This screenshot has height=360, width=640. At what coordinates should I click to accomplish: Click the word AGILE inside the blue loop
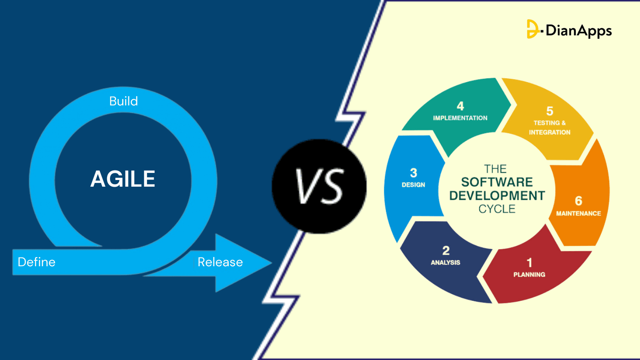[123, 179]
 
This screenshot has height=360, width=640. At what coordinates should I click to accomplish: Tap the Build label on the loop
[123, 101]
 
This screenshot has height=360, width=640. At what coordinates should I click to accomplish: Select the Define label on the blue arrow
[37, 262]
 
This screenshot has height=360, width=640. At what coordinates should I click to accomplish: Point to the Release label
[220, 262]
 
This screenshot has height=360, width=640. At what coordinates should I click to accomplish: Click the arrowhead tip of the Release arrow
[272, 263]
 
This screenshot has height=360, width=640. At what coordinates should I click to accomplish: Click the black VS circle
[319, 186]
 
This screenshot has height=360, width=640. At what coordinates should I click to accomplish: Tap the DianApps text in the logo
[579, 31]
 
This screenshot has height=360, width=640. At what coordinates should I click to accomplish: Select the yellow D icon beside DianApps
[532, 29]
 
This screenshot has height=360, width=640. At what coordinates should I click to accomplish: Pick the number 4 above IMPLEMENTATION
[460, 106]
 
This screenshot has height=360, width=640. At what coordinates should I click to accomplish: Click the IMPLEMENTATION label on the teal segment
[460, 118]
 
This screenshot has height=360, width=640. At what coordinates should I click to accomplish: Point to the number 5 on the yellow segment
[550, 111]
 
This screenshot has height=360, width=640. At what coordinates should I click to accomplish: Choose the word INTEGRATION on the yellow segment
[550, 132]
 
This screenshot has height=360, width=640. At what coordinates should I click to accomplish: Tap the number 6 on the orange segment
[579, 201]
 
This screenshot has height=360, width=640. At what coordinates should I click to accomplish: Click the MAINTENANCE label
[579, 213]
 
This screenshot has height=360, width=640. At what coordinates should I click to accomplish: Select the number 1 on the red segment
[530, 262]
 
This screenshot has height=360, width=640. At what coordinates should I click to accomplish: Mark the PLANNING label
[530, 275]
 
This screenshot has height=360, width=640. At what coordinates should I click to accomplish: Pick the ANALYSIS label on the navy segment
[445, 262]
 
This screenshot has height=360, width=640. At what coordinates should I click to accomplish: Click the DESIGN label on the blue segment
[413, 185]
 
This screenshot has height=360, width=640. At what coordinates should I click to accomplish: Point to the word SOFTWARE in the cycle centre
[497, 182]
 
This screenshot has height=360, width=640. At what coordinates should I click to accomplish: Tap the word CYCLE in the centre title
[497, 209]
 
